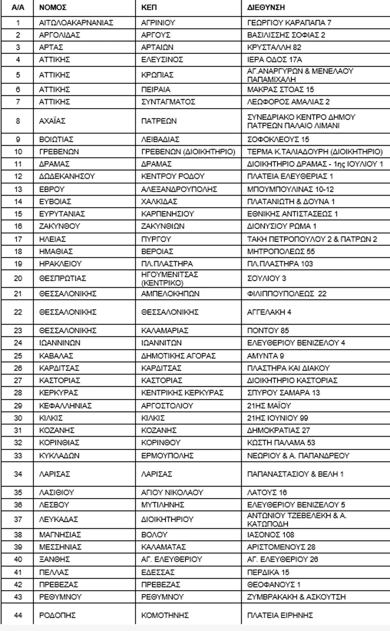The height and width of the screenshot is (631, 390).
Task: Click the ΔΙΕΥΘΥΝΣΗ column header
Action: click(266, 7)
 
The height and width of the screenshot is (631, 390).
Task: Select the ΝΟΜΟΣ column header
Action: click(53, 7)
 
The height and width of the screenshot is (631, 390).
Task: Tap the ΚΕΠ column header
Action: click(149, 7)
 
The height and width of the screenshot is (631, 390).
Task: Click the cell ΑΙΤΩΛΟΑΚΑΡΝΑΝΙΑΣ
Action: click(76, 23)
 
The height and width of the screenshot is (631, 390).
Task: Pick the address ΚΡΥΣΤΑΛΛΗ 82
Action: click(274, 47)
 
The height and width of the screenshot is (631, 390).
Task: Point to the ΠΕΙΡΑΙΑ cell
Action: click(156, 89)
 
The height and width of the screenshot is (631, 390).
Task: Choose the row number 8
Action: click(18, 121)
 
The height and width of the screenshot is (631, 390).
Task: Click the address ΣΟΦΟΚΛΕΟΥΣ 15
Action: click(278, 139)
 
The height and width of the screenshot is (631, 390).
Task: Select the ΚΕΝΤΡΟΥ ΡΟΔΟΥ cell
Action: click(173, 176)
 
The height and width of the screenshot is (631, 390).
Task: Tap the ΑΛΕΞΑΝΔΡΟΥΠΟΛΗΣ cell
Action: click(179, 189)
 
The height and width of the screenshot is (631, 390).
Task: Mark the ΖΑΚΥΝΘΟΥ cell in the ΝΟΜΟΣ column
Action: click(60, 226)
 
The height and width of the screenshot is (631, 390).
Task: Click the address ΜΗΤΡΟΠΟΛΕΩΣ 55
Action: click(281, 252)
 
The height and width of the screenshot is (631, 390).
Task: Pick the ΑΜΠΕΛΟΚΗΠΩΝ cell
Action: click(170, 294)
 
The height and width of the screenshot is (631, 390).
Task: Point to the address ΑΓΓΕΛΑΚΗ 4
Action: click(269, 312)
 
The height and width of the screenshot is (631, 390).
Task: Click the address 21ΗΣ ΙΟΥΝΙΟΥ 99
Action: click(277, 418)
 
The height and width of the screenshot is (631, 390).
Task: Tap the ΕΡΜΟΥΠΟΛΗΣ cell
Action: click(167, 456)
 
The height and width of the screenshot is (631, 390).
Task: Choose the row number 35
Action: click(18, 493)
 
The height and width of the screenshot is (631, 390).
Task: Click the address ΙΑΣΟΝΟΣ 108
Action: click(271, 535)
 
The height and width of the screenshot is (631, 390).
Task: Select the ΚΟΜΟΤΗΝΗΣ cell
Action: click(165, 615)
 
